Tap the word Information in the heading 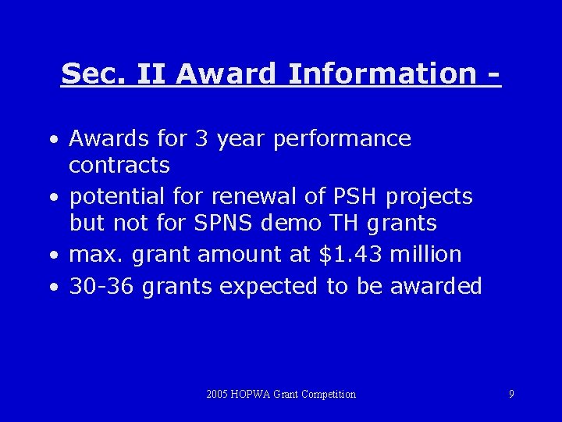tap(381, 74)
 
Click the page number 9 tap(511, 394)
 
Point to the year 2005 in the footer tap(219, 394)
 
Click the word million tap(425, 254)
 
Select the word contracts tap(119, 166)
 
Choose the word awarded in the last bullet tap(436, 286)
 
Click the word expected tap(269, 288)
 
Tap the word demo tap(290, 223)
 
